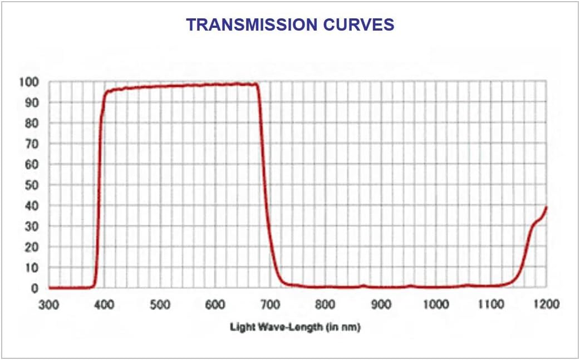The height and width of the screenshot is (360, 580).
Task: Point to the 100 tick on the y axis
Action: pyautogui.click(x=31, y=82)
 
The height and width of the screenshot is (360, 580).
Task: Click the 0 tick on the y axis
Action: pyautogui.click(x=35, y=288)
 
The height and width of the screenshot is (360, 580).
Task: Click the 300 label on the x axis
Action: pyautogui.click(x=49, y=305)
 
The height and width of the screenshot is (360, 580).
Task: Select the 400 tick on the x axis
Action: pyautogui.click(x=104, y=305)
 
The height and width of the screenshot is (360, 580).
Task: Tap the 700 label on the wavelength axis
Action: pyautogui.click(x=270, y=305)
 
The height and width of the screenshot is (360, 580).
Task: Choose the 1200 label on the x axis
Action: pyautogui.click(x=546, y=305)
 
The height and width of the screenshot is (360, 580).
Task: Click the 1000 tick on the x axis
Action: pyautogui.click(x=436, y=305)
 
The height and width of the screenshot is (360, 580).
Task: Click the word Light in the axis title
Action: pyautogui.click(x=241, y=327)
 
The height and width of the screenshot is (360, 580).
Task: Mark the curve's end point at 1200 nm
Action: pyautogui.click(x=546, y=207)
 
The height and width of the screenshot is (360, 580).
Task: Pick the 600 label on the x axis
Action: pyautogui.click(x=215, y=305)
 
